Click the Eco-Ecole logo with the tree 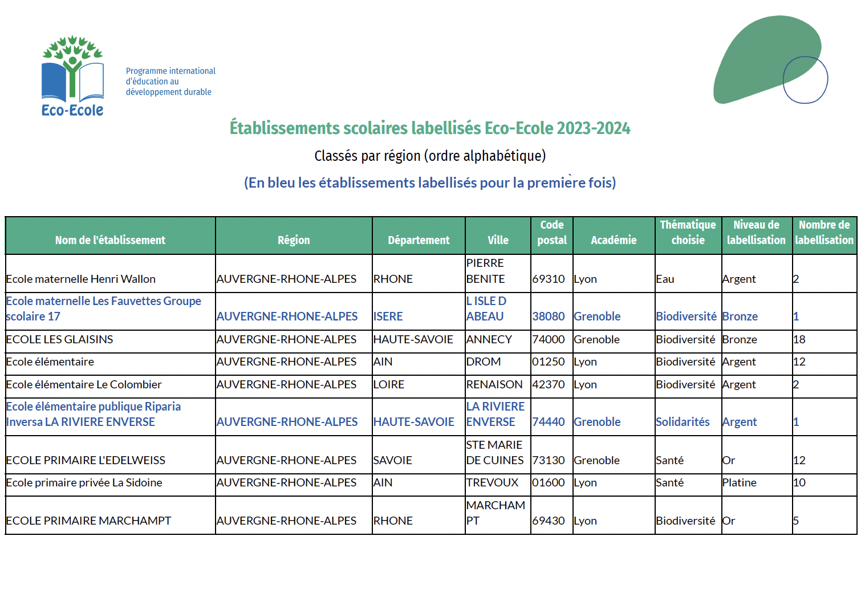[x=72, y=76]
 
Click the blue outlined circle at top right [x=805, y=80]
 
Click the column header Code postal [x=552, y=233]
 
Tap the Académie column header [x=614, y=240]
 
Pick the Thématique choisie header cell [x=688, y=233]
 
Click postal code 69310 [x=548, y=279]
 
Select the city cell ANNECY [x=489, y=339]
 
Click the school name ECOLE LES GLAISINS [x=59, y=339]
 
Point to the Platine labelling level [x=739, y=482]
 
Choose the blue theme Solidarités [x=683, y=422]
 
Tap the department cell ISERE [x=388, y=316]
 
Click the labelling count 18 [x=799, y=339]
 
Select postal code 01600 [x=548, y=482]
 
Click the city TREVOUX [x=492, y=482]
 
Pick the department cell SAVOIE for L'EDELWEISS [x=392, y=460]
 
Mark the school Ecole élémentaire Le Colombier [x=84, y=384]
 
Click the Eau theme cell [x=665, y=279]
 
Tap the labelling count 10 [x=799, y=482]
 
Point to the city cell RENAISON [x=494, y=384]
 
